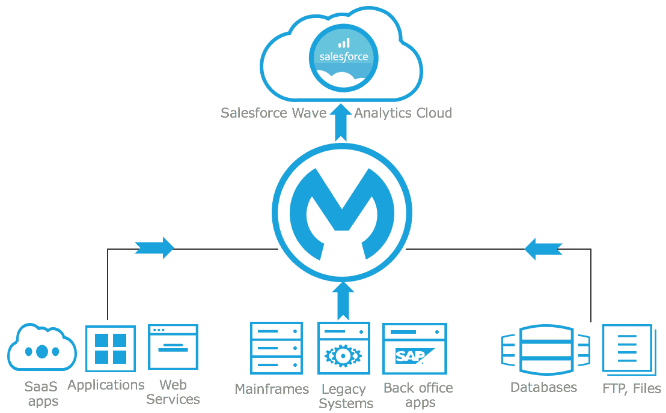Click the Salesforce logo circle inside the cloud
tap(343, 56)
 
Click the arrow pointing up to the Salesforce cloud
tap(341, 124)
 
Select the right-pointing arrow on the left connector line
tap(154, 247)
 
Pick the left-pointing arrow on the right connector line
tap(543, 248)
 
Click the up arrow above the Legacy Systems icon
tap(343, 300)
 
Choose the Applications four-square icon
tap(111, 349)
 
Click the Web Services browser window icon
tap(173, 347)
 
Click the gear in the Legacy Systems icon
tap(343, 356)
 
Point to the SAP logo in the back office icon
tap(411, 356)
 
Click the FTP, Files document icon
tap(627, 349)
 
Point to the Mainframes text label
tap(272, 389)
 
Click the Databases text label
tap(543, 387)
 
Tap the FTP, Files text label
tap(631, 388)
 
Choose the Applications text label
tap(106, 385)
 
